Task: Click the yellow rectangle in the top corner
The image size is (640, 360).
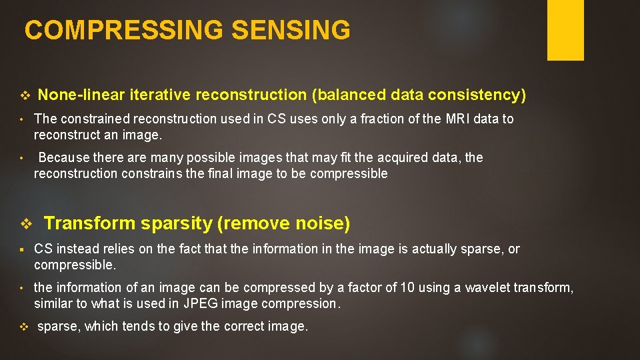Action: tap(565, 30)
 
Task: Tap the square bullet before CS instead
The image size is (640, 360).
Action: tap(22, 249)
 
